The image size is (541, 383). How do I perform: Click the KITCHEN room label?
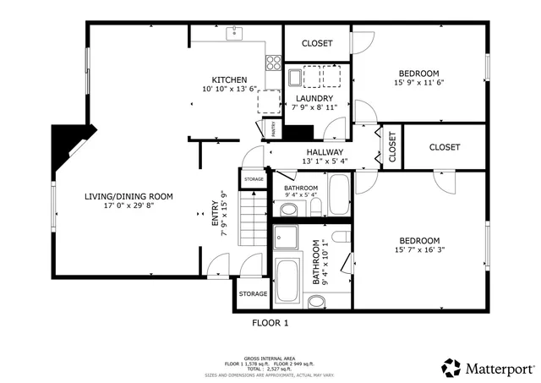click(x=229, y=79)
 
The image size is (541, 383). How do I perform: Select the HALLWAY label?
click(x=325, y=151)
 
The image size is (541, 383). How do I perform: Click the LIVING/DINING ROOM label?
click(x=128, y=196)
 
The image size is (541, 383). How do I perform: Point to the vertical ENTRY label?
click(x=213, y=218)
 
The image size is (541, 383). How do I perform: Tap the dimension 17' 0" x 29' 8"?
click(x=128, y=206)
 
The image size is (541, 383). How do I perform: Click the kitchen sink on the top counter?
click(x=236, y=34)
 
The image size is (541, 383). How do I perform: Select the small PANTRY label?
click(x=275, y=129)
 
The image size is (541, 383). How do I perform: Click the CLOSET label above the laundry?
click(x=317, y=43)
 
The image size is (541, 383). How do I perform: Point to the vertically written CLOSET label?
click(x=392, y=147)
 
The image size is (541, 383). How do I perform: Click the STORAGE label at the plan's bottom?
click(x=253, y=294)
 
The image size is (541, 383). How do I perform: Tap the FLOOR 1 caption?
click(x=270, y=323)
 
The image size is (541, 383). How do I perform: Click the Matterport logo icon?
click(x=451, y=368)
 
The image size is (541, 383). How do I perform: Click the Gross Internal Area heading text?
click(x=270, y=358)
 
